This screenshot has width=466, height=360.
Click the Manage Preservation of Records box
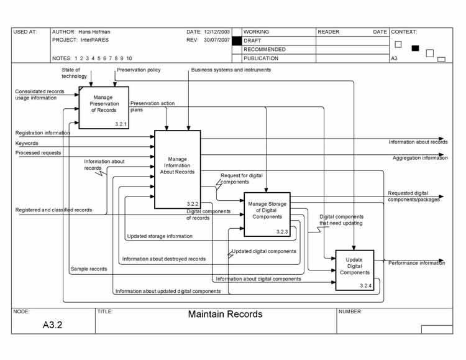pos(104,108)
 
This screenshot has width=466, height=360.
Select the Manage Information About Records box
pos(177,169)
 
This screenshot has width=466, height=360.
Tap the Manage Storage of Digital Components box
pos(267,214)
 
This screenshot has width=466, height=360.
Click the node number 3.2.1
pos(121,124)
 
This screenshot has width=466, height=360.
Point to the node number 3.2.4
pos(365,286)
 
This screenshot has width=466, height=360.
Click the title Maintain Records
pos(225,315)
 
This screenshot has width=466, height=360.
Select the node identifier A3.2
pos(52,325)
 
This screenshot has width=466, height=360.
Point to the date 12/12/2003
pos(216,32)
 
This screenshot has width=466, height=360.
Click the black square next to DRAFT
pos(236,40)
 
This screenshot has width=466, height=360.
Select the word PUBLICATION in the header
pos(261,58)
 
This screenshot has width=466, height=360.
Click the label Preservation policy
pos(139,70)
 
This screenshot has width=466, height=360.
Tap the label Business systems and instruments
pos(231,70)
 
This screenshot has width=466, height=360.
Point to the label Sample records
pos(88,269)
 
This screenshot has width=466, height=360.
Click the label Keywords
pos(27,143)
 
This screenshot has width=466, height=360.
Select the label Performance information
pos(416,263)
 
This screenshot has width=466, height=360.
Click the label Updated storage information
pos(160,236)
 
